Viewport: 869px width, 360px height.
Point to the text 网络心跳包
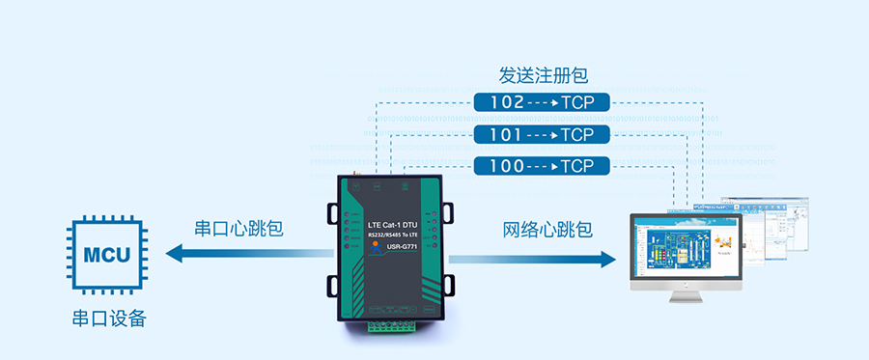pyautogui.click(x=547, y=230)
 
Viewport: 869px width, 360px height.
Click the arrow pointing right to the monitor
pyautogui.click(x=532, y=259)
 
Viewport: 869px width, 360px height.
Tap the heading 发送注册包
pyautogui.click(x=543, y=74)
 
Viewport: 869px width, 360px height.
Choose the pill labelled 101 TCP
pyautogui.click(x=542, y=134)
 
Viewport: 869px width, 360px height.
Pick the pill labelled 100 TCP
pyautogui.click(x=542, y=166)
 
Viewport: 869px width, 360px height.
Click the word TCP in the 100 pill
pyautogui.click(x=577, y=166)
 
